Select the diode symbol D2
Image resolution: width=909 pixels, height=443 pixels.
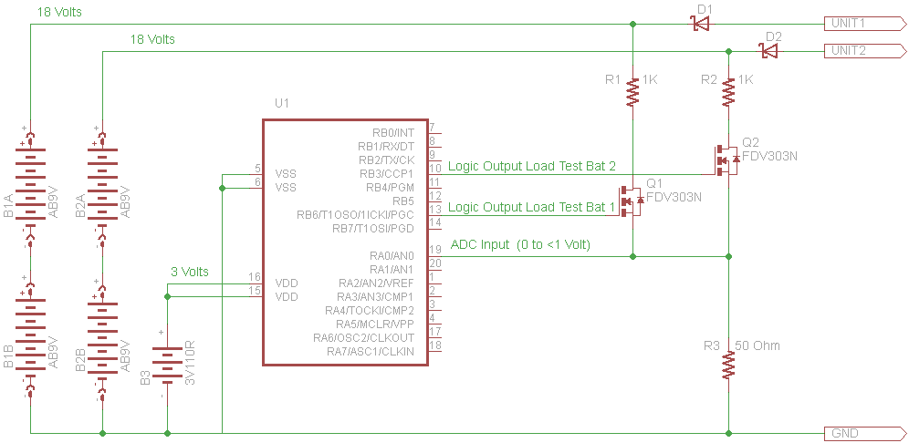pyautogui.click(x=770, y=52)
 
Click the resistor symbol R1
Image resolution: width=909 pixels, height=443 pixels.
pyautogui.click(x=633, y=93)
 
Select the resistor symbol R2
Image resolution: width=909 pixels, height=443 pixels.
pyautogui.click(x=728, y=93)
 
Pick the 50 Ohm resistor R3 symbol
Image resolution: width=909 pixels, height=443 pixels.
pyautogui.click(x=728, y=364)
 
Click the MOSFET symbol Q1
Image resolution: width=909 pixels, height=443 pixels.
pyautogui.click(x=630, y=201)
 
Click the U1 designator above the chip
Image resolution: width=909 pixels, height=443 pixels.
pyautogui.click(x=282, y=104)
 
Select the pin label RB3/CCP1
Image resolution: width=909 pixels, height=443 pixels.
pyautogui.click(x=387, y=173)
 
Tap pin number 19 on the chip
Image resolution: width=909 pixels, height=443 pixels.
pyautogui.click(x=434, y=251)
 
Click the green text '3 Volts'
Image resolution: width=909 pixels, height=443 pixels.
pyautogui.click(x=190, y=272)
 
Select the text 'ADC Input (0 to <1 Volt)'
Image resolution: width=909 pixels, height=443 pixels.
pyautogui.click(x=520, y=245)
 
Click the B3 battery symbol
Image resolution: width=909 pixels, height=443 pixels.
pyautogui.click(x=168, y=365)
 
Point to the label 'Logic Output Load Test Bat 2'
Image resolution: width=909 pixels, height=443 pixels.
pyautogui.click(x=532, y=167)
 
